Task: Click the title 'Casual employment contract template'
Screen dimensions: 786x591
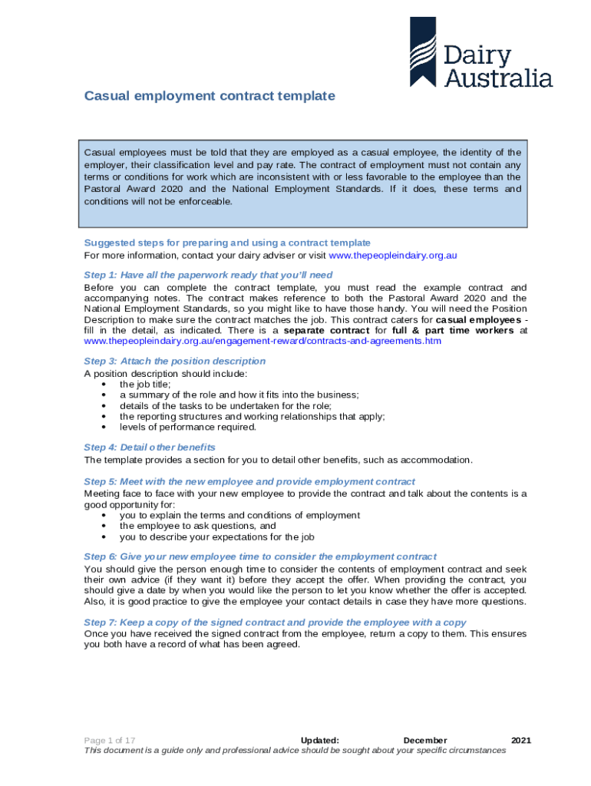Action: tap(210, 96)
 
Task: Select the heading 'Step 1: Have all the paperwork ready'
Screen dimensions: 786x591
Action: tap(208, 274)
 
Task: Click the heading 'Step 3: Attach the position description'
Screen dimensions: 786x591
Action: tap(175, 361)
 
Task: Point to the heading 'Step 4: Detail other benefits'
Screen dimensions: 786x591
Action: tap(150, 447)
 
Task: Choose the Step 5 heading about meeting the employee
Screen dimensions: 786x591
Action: tap(249, 481)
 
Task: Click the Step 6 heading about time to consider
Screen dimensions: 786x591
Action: tap(260, 556)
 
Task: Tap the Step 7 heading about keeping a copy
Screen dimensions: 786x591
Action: tap(275, 622)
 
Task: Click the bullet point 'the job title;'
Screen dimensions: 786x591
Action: tap(145, 384)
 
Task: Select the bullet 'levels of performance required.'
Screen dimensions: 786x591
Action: tap(188, 427)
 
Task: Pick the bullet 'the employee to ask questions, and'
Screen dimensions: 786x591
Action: tap(197, 526)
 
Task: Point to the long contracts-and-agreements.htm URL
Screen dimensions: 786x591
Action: tap(262, 341)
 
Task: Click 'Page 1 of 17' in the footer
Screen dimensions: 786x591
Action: tap(110, 740)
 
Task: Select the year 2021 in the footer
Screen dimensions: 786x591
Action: tap(520, 740)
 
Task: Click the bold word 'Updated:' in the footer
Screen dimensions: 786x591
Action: tap(320, 740)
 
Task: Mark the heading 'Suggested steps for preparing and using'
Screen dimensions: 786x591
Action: tap(227, 243)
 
